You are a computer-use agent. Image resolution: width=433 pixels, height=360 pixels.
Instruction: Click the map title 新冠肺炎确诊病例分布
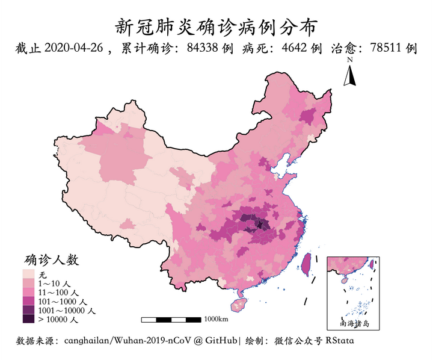click(216, 26)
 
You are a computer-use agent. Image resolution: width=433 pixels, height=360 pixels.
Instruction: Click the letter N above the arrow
click(349, 60)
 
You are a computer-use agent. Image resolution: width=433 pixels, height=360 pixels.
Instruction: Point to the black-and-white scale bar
click(172, 319)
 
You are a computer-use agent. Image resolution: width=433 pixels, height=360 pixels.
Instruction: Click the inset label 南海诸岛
click(355, 323)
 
